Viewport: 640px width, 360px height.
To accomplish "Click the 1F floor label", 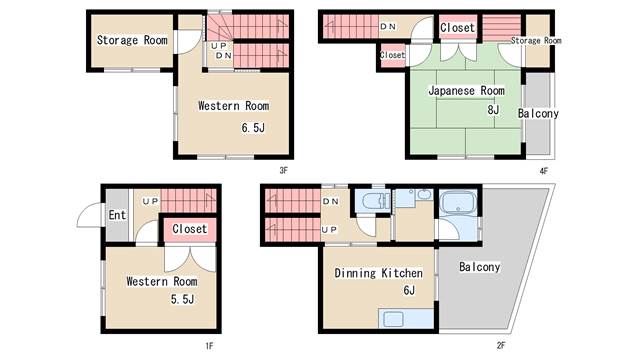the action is [x=209, y=346].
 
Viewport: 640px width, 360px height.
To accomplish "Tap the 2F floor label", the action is [x=501, y=345].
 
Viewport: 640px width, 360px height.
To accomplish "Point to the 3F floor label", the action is [x=284, y=171].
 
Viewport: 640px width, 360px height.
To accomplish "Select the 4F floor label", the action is [x=544, y=171].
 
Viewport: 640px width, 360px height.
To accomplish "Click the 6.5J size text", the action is [x=253, y=128].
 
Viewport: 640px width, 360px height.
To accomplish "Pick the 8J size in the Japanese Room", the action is [x=493, y=110].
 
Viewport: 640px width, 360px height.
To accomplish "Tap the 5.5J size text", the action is [x=182, y=299].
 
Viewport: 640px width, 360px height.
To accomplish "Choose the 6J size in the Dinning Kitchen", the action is [x=409, y=290].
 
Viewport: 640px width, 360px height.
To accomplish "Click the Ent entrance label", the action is [x=117, y=215].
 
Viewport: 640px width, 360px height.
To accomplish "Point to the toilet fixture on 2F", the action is [x=373, y=201].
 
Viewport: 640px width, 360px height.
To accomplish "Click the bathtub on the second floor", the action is [x=459, y=202].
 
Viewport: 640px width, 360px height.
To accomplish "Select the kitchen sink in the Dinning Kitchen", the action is [x=393, y=318].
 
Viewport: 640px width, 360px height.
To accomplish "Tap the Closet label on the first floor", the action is [x=190, y=229].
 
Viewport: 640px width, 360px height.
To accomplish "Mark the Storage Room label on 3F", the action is [x=132, y=40].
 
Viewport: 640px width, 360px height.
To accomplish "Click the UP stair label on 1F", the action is [x=151, y=201].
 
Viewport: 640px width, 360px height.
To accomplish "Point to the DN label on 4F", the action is [x=388, y=27].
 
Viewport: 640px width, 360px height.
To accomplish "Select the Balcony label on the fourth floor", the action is [x=538, y=113].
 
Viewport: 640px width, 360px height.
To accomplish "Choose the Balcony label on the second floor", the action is [x=480, y=267].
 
